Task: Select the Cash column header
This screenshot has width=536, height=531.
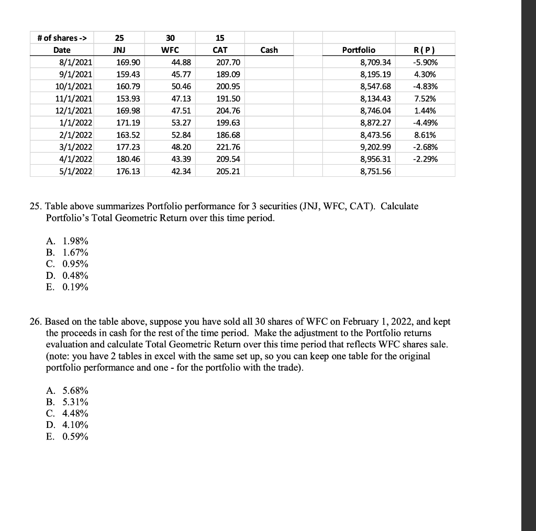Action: [x=269, y=50]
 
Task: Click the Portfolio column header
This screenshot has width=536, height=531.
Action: [x=359, y=50]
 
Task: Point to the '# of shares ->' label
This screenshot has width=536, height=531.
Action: [x=62, y=38]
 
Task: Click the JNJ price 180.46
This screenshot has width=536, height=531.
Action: [x=128, y=159]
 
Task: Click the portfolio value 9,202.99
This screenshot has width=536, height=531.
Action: [x=376, y=146]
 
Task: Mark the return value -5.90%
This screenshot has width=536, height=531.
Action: [x=425, y=62]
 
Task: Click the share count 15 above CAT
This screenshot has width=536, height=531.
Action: [x=220, y=38]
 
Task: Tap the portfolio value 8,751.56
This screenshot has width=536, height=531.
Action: [x=376, y=171]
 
